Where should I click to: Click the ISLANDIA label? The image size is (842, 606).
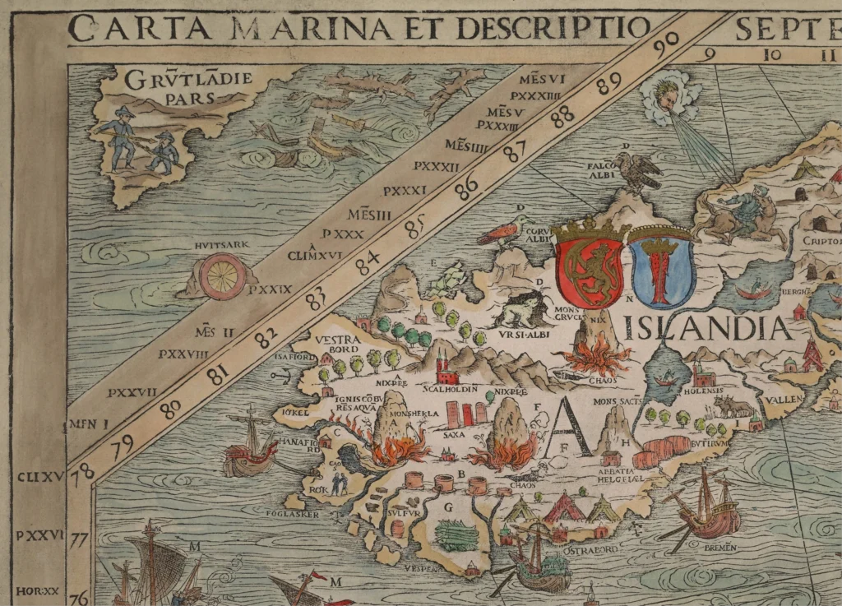tap(708, 328)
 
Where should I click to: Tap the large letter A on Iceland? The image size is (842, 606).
tap(569, 428)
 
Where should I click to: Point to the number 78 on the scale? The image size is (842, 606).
tap(81, 474)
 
